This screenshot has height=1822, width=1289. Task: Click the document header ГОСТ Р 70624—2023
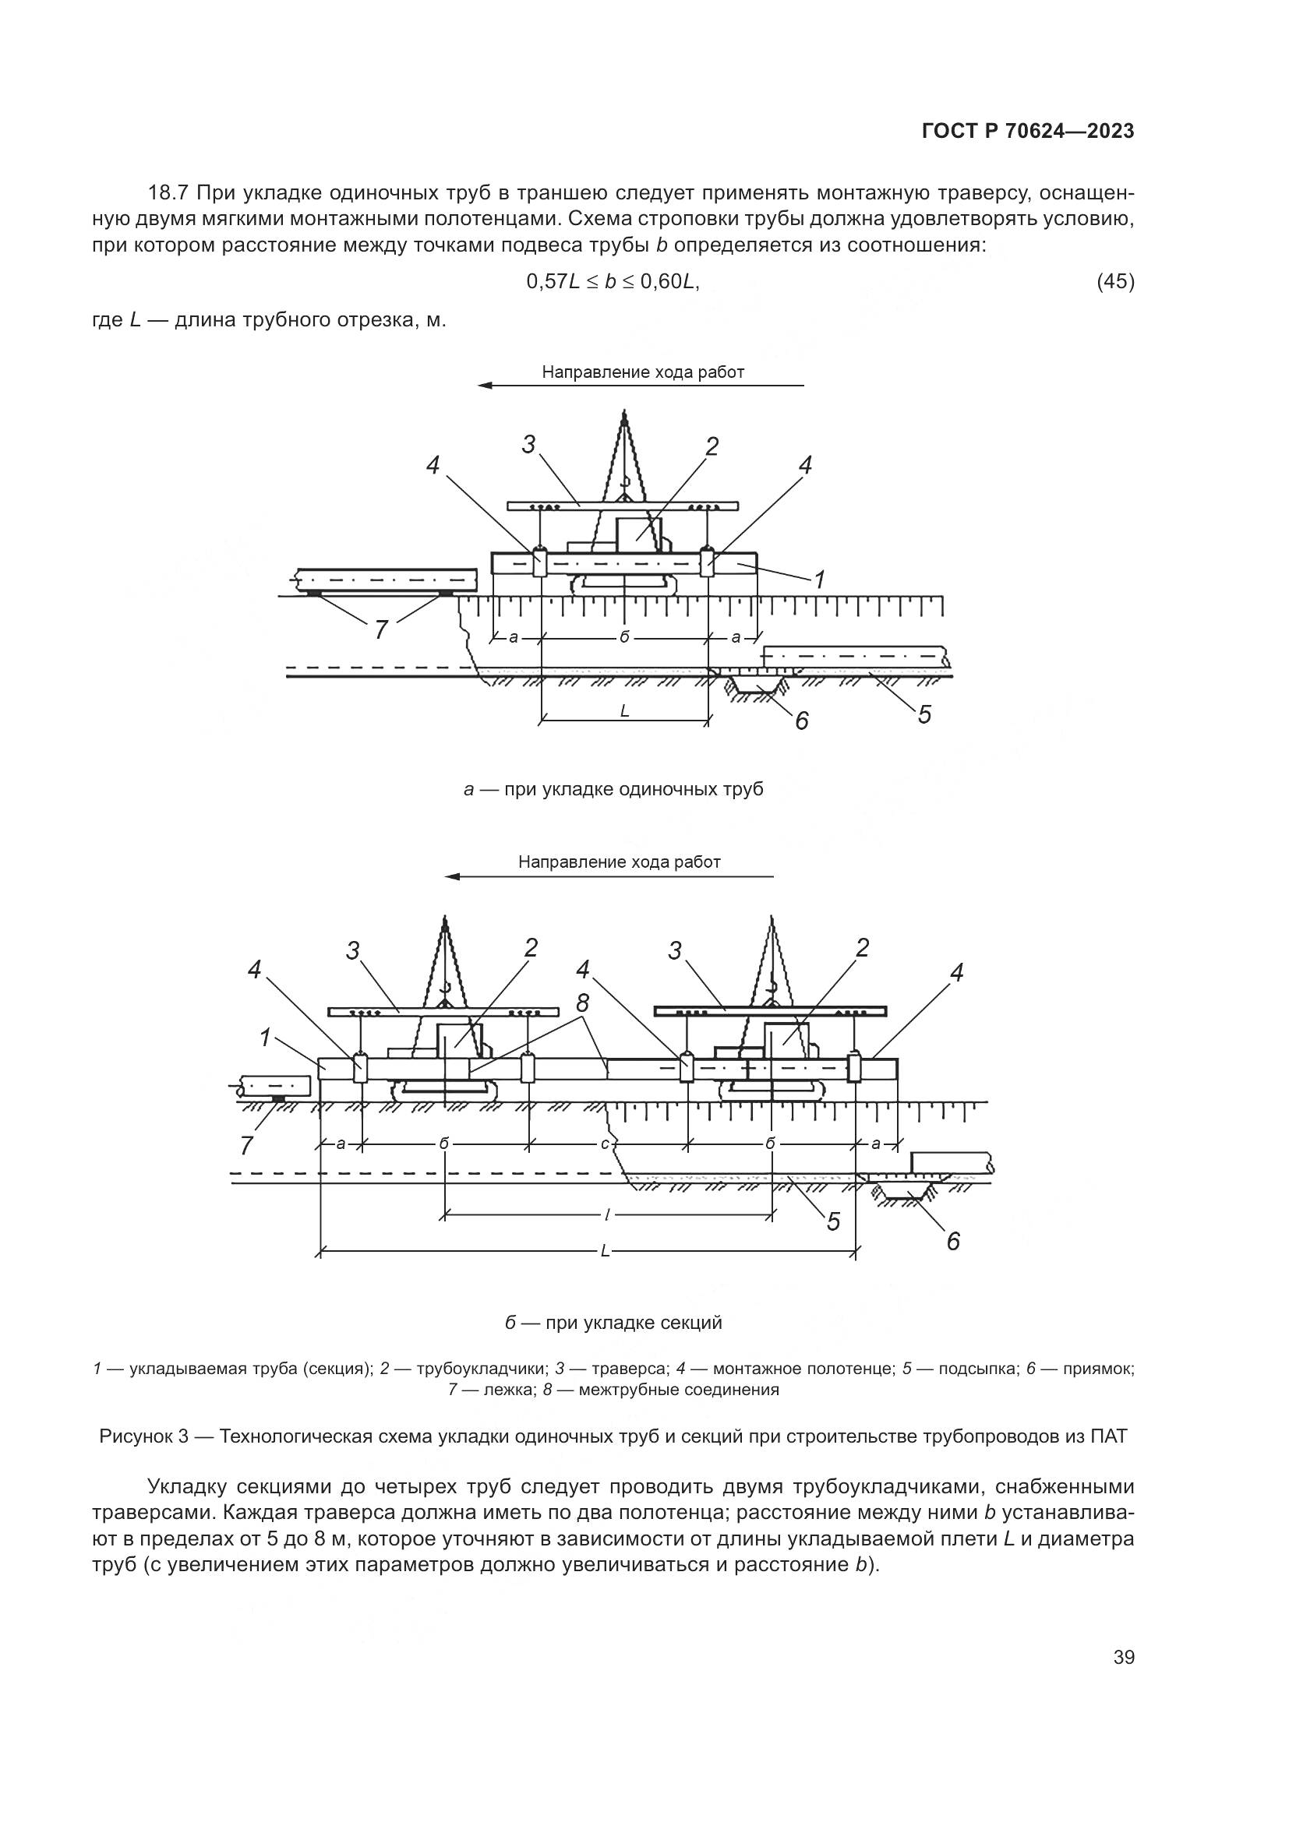tap(1027, 132)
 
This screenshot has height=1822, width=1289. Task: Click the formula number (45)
tap(1114, 281)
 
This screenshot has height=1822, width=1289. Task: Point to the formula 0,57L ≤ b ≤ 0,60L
tap(613, 281)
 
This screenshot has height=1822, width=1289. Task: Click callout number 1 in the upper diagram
tap(819, 580)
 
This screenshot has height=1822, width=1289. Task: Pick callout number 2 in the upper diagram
tap(712, 447)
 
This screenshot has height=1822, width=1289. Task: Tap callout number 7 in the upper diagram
tap(381, 629)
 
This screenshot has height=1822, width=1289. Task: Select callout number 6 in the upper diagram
tap(801, 721)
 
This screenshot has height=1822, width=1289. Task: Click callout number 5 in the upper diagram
tap(924, 714)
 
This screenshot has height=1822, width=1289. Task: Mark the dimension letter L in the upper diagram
tap(625, 711)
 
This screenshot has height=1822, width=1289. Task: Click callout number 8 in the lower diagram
tap(584, 1003)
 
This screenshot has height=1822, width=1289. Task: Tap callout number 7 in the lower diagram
tap(246, 1145)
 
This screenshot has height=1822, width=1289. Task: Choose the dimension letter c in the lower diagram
tap(604, 1144)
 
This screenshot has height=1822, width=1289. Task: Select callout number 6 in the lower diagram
tap(953, 1240)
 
